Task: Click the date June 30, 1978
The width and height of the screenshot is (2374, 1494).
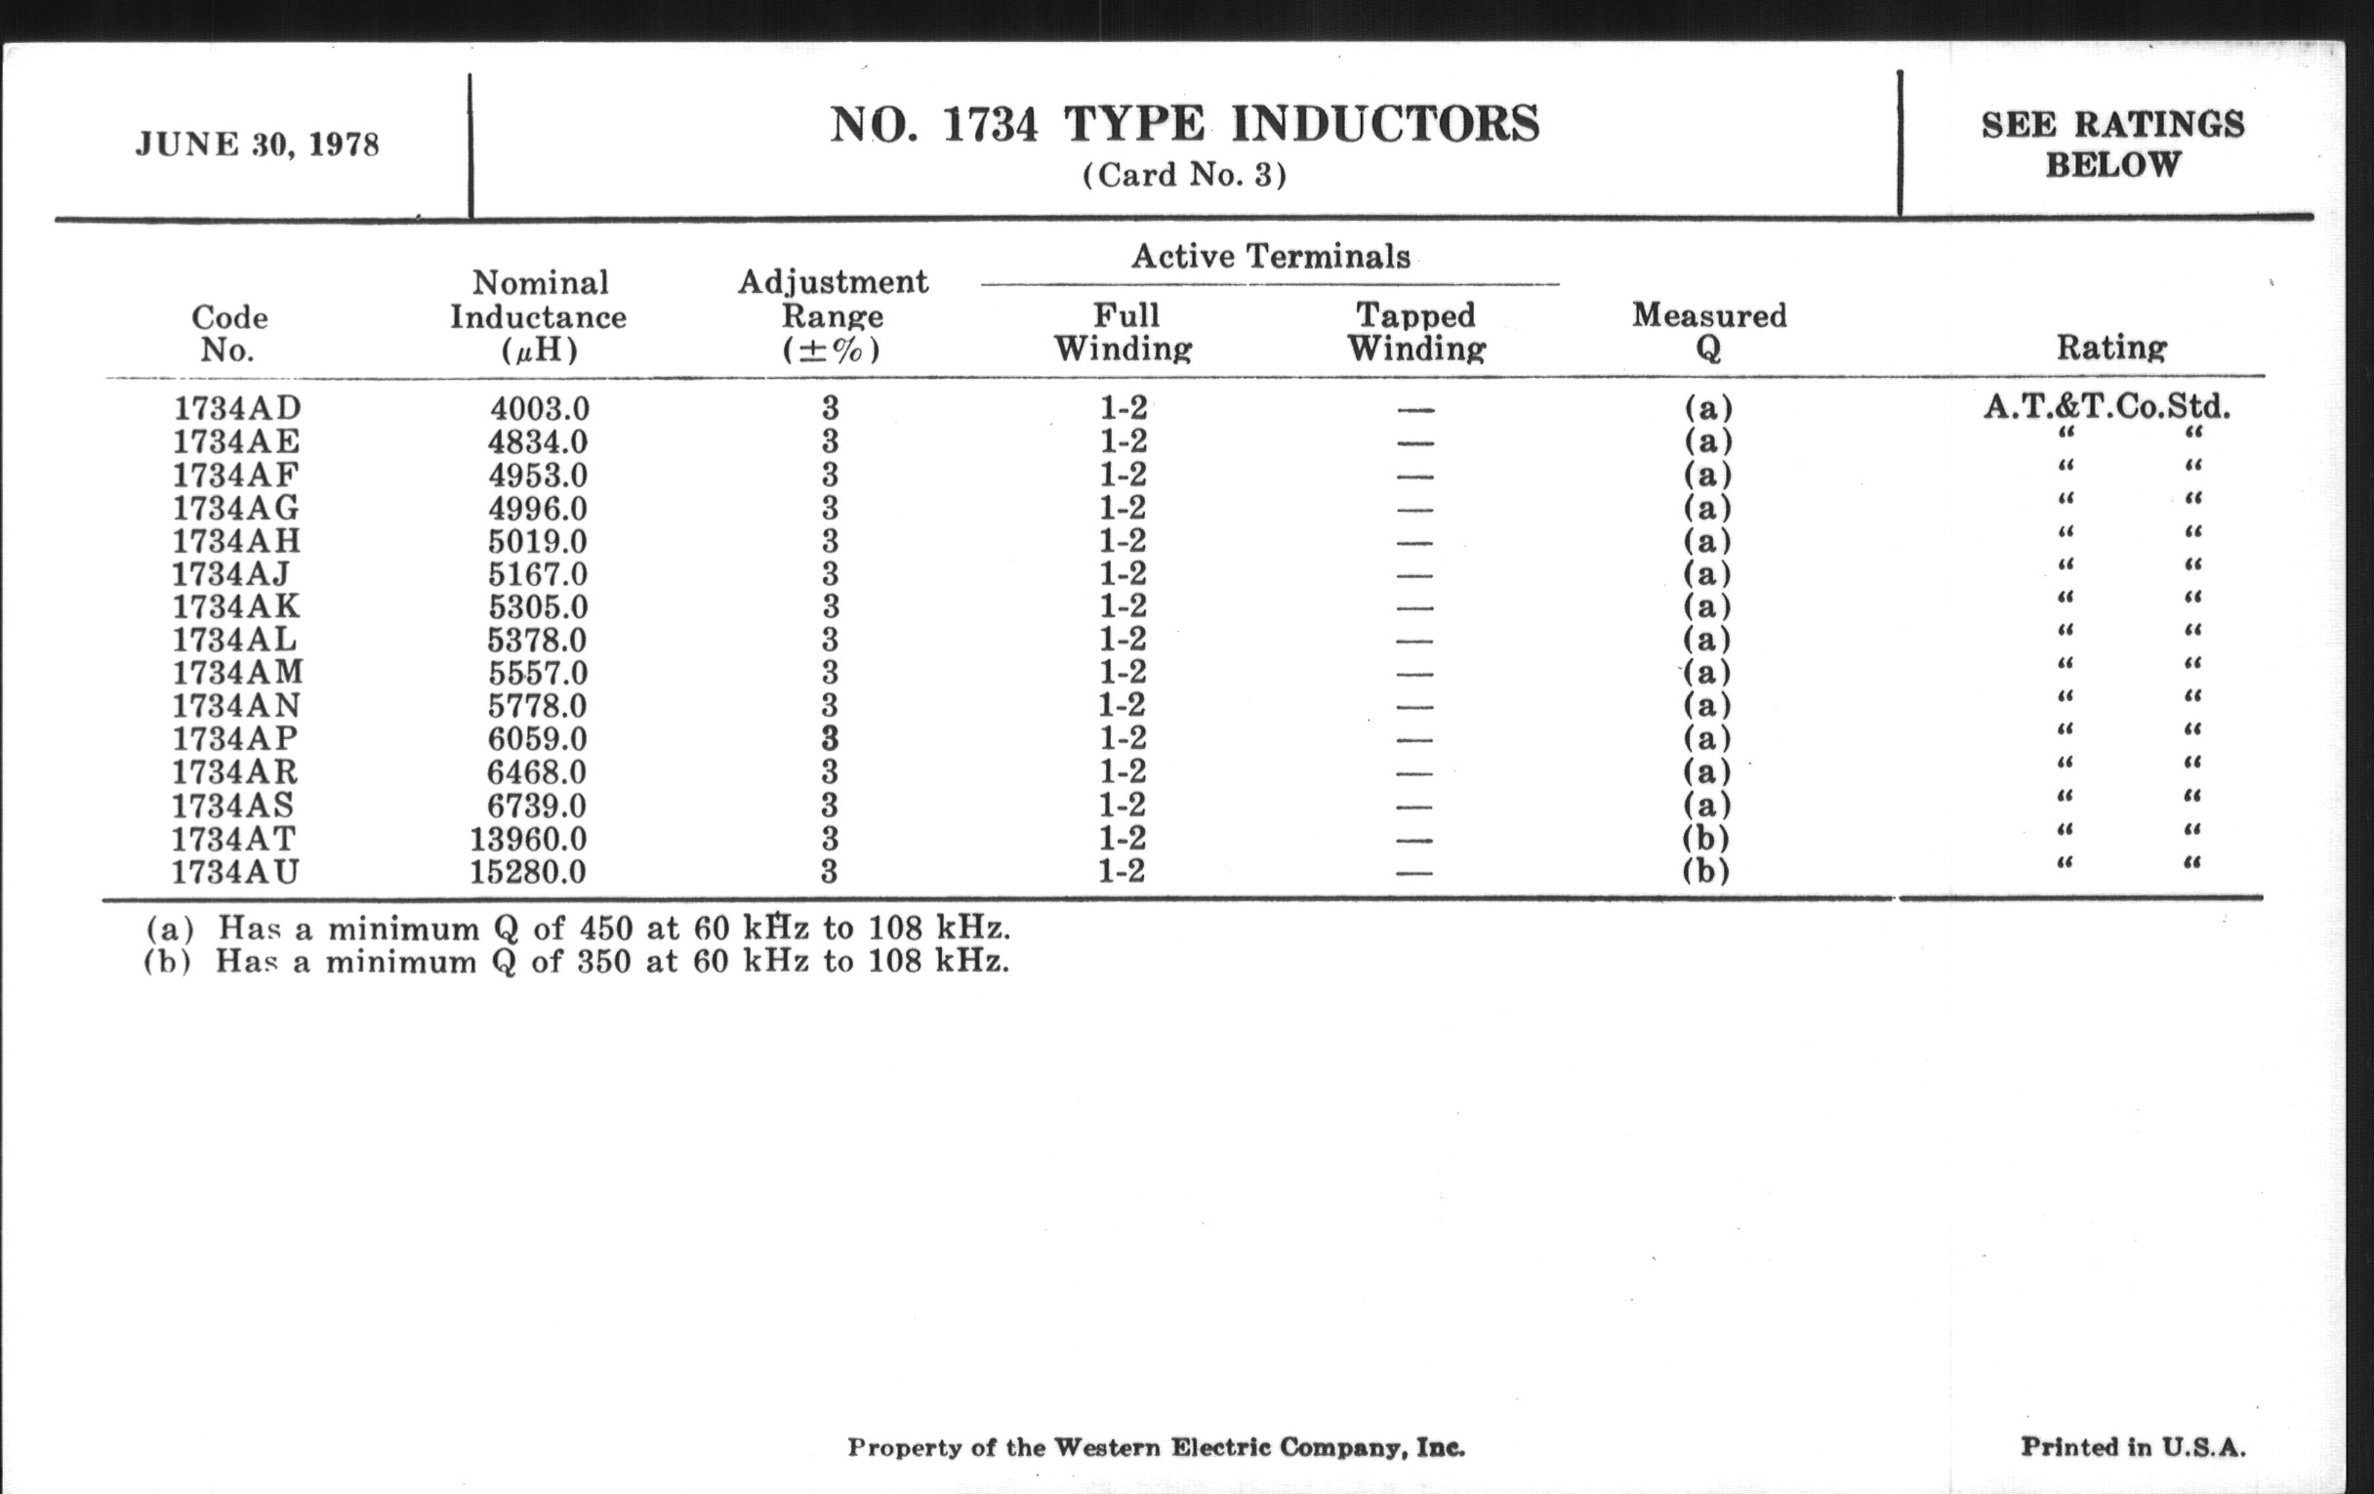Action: [258, 145]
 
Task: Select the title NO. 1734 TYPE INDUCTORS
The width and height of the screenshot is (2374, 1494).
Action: [1184, 125]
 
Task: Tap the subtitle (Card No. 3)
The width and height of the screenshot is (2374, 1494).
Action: [1184, 176]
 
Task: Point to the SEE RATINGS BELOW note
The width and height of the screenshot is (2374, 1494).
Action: [2111, 144]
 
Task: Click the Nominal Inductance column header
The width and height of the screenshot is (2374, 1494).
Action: [538, 316]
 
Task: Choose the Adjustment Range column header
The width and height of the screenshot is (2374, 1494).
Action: [832, 315]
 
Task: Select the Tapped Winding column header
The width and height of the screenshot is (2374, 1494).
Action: [1415, 331]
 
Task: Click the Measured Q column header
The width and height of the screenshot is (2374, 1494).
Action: [1708, 331]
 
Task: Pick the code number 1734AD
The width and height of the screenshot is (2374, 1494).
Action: [236, 408]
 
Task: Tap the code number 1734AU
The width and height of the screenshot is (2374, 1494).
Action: [234, 873]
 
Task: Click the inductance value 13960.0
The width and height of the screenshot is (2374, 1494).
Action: [528, 839]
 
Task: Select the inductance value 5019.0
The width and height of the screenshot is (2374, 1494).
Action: [537, 541]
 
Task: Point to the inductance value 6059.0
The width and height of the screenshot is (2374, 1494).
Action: [537, 739]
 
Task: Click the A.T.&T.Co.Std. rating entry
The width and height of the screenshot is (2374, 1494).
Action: [2107, 406]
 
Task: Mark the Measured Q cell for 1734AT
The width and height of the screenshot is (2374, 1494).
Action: [1706, 839]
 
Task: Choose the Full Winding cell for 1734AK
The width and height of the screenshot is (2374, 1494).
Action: [1123, 606]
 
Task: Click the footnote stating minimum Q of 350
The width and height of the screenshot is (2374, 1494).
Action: [577, 962]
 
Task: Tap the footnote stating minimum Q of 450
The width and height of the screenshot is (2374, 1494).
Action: [578, 929]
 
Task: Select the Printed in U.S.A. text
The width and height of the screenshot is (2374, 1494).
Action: [2133, 1448]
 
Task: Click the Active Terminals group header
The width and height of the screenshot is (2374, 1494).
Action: [1270, 258]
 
